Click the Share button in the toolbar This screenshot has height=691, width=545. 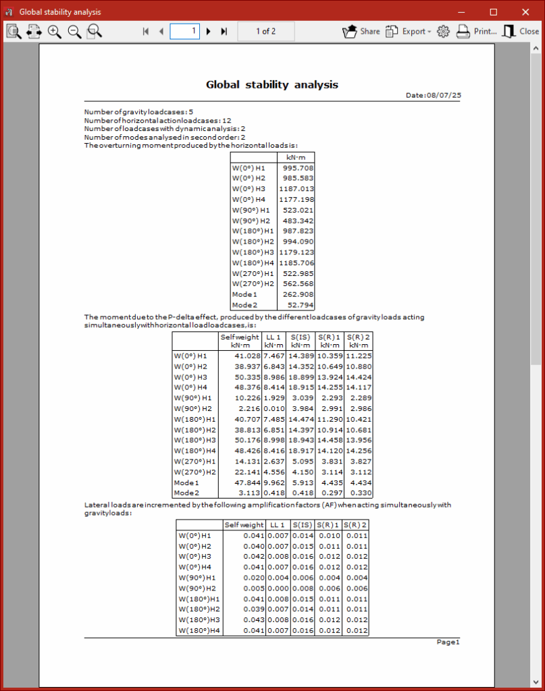click(361, 31)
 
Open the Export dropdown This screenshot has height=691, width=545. click(408, 31)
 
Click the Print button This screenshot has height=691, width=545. click(477, 31)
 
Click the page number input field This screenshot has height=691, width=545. click(184, 31)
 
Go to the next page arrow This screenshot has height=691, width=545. click(209, 31)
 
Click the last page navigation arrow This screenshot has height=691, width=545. click(224, 31)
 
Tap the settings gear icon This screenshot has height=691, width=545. click(443, 31)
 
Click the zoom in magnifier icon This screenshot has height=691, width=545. click(55, 31)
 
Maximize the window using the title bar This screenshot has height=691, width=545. click(493, 11)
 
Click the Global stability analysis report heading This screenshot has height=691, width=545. click(271, 84)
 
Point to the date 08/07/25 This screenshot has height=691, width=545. click(444, 96)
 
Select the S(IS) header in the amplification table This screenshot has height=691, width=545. click(303, 524)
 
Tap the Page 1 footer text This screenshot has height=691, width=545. click(448, 642)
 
